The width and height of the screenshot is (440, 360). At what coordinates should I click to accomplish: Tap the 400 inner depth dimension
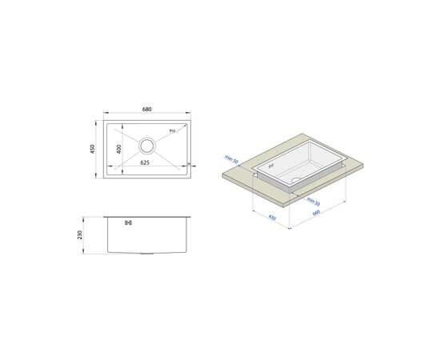coord(118,150)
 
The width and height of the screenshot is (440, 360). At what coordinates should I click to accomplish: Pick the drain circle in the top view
coord(148,146)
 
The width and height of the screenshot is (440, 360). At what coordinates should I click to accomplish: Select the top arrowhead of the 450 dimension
coord(98,122)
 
